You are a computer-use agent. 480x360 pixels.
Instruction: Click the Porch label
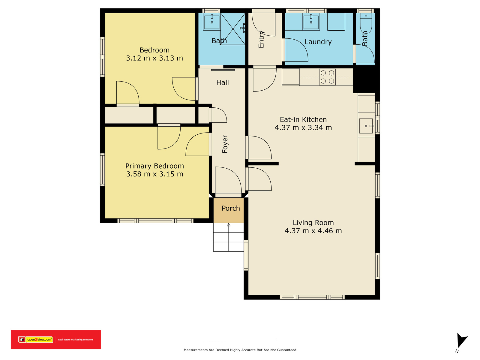231,208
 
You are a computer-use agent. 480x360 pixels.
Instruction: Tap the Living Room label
313,223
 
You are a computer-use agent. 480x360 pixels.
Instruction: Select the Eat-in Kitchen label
303,120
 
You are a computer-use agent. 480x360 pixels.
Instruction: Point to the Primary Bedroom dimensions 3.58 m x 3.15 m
154,174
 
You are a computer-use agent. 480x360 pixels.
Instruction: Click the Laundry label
318,42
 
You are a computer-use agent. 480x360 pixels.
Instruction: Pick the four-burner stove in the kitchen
327,77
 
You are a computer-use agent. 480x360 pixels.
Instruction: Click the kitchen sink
366,126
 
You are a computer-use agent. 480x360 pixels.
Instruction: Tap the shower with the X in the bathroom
232,29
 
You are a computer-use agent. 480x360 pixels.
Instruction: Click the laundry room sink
311,22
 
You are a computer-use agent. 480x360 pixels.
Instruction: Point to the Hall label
222,82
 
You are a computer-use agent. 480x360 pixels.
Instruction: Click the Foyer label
225,144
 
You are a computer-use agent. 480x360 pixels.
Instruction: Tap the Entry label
261,39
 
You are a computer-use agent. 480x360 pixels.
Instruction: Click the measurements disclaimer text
240,350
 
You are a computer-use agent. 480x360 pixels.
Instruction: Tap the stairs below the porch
229,237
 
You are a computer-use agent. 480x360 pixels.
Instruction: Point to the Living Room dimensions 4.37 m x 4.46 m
313,231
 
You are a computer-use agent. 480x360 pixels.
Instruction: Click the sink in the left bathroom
212,22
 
